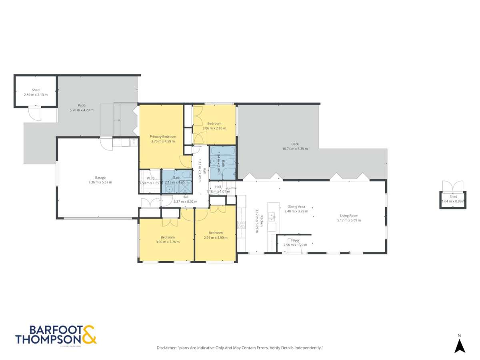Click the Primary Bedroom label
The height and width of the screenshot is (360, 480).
(163, 136)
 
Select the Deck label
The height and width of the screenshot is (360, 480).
(295, 144)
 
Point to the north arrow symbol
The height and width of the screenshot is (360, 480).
(460, 345)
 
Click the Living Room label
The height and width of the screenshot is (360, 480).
(349, 216)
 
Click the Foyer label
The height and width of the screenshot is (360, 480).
(295, 240)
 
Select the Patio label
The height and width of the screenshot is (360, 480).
(82, 105)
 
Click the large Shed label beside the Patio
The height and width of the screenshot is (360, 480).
(36, 90)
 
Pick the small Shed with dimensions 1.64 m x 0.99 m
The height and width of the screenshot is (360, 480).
(453, 199)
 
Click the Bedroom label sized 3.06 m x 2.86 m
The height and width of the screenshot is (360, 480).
(214, 124)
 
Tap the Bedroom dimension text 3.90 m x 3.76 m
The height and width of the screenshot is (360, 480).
(168, 242)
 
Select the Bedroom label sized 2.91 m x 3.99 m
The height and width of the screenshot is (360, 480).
(215, 233)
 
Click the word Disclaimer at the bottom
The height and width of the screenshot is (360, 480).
(166, 348)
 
